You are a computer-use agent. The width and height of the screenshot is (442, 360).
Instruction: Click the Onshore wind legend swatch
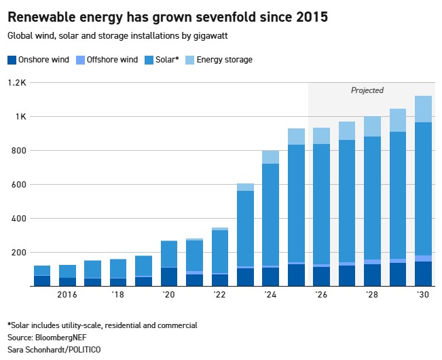tap(12, 60)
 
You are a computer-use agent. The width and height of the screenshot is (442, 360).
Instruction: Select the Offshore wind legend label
tap(112, 60)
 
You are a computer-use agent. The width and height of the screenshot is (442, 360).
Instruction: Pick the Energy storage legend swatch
tap(189, 60)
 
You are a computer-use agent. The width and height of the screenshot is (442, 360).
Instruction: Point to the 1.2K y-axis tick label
tap(17, 83)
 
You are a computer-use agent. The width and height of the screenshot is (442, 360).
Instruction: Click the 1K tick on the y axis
tap(20, 116)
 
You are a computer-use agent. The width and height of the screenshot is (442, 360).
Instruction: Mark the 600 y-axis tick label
tap(18, 184)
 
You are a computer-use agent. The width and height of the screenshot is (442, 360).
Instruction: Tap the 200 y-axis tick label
tap(18, 252)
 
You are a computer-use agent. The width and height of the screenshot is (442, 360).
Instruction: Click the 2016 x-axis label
tap(67, 295)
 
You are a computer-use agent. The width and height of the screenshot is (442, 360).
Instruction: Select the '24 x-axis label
tap(270, 295)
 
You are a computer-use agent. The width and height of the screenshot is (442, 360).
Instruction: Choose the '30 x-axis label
tap(423, 295)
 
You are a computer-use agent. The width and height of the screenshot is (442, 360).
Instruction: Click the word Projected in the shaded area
tap(367, 90)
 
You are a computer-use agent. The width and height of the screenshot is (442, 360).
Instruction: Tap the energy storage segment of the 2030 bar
tap(423, 109)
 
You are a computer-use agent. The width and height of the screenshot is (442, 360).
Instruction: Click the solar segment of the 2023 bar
tap(245, 229)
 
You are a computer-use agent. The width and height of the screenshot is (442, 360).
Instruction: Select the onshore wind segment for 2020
tap(169, 277)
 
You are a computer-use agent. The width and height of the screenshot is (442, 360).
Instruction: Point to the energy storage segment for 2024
tap(271, 157)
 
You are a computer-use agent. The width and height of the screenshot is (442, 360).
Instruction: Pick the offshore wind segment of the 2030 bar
tap(423, 259)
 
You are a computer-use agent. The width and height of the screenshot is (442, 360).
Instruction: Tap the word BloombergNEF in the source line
tap(61, 338)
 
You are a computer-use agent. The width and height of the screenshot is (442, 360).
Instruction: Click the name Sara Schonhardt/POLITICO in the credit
tap(54, 350)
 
